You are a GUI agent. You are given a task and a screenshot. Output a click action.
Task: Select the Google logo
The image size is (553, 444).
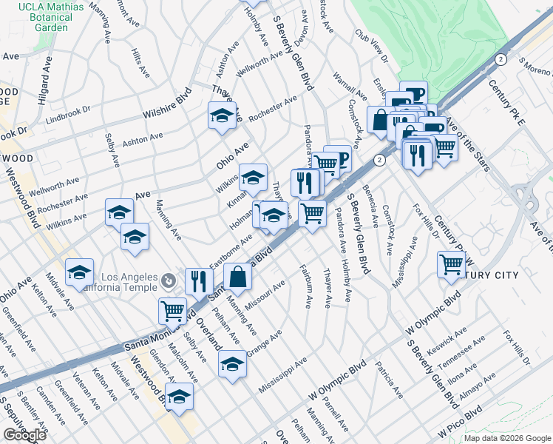pos(24,435)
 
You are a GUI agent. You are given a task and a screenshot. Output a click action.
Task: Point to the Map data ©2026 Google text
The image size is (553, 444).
pos(507,438)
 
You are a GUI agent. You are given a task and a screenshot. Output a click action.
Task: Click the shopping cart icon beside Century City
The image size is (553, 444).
pos(451,264)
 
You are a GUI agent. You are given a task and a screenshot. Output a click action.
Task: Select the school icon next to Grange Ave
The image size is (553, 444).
pos(232,363)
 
